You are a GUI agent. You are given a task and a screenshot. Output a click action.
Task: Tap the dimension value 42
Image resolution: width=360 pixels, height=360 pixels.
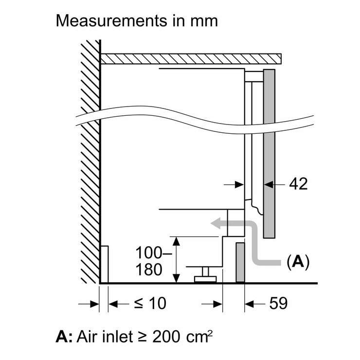click(298, 184)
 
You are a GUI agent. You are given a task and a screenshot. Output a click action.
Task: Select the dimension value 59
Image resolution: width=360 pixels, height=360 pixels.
click(278, 303)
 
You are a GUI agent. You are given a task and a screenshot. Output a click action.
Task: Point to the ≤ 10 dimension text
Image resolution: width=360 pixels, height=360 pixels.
click(150, 303)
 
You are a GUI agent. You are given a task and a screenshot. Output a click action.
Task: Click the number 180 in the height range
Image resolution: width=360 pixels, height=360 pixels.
click(149, 269)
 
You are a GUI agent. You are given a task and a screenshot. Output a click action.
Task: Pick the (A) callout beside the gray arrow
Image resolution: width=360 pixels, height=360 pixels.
click(298, 261)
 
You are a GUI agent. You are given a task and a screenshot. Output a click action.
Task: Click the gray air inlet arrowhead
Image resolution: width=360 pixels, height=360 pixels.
click(216, 224)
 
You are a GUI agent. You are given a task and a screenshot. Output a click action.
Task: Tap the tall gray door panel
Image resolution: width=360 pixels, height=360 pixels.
click(269, 153)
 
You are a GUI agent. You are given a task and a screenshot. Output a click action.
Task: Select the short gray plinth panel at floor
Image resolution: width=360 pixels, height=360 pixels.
click(240, 262)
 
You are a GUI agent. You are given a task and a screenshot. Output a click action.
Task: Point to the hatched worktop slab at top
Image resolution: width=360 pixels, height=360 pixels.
click(191, 58)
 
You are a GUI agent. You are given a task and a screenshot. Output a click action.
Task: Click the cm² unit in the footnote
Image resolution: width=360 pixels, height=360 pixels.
click(199, 336)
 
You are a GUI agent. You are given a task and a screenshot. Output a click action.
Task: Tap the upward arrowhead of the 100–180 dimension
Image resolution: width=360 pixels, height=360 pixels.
click(176, 241)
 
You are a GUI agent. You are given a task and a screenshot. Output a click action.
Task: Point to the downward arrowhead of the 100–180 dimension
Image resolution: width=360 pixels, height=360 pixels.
click(176, 278)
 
